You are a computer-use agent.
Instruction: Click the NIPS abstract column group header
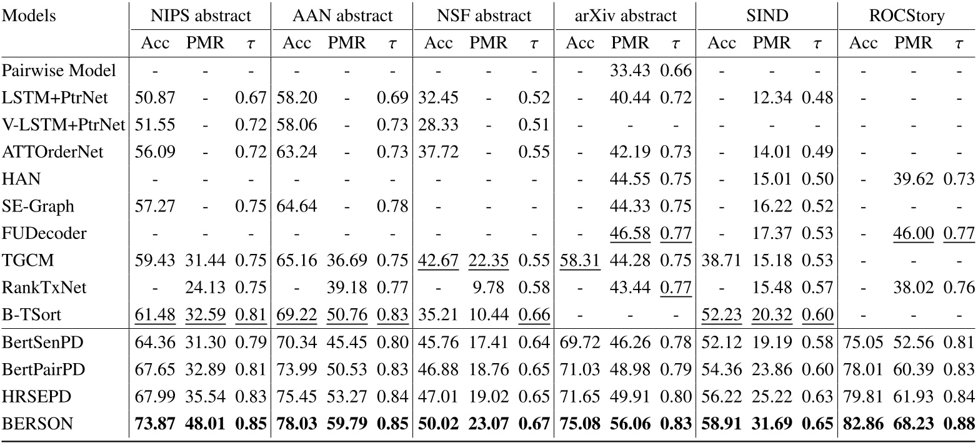point(201,16)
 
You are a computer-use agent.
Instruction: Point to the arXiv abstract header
point(625,16)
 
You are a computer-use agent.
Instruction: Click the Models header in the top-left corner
point(30,16)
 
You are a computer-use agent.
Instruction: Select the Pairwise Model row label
point(59,71)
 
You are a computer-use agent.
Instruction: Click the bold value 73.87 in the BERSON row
point(154,422)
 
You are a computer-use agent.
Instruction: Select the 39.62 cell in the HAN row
point(914,179)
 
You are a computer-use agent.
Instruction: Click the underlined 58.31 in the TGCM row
point(580,260)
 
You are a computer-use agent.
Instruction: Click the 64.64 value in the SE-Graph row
point(296,206)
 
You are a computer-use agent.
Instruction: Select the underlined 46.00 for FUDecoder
point(914,233)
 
